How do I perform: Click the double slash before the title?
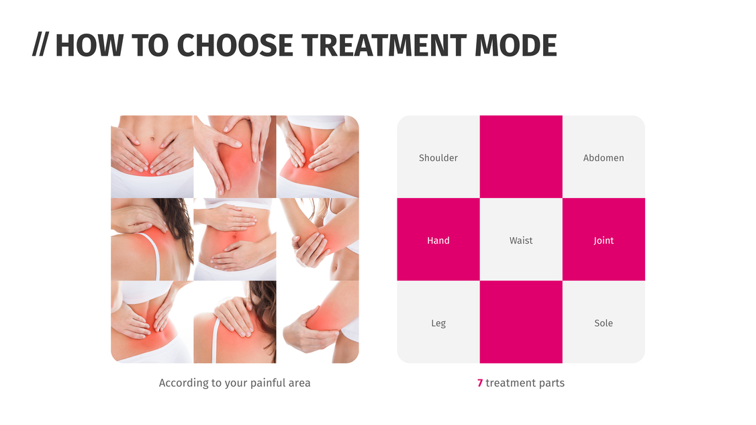coord(40,46)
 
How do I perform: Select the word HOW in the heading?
coord(90,46)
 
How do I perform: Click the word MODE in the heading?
coord(516,46)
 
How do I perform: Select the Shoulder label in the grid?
coord(438,158)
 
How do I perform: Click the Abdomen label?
coord(604,158)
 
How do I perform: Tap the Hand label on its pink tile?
coord(438,240)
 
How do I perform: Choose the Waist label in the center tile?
coord(521,240)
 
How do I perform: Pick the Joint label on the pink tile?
coord(604,240)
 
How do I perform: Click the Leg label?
coord(438,323)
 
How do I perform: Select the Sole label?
coord(604,323)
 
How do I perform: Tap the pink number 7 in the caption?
coord(480,383)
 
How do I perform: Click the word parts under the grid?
coord(552,383)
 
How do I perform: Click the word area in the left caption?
coord(300,383)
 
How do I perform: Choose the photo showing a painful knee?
coord(235,156)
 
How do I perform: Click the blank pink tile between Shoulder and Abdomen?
coord(521,156)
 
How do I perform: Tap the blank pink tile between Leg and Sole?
coord(521,322)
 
